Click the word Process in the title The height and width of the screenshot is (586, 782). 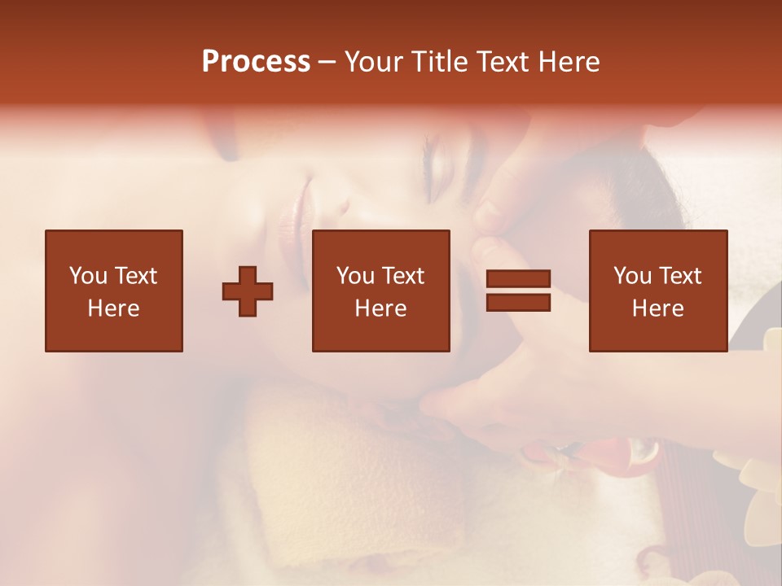pos(256,62)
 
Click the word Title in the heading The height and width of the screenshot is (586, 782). pos(439,62)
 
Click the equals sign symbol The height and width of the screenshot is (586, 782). pos(518,291)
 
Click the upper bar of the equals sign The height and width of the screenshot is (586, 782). pos(518,279)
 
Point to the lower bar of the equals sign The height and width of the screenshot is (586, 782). pos(518,302)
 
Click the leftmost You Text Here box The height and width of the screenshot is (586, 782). pos(113,291)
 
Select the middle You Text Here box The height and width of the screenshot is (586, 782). pos(380,291)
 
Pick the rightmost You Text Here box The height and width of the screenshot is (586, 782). pos(657,291)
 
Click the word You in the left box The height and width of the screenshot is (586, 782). pos(87,276)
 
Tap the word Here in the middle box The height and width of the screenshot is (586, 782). pos(380,308)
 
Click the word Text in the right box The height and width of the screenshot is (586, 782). pos(679,276)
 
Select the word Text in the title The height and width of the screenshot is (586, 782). pos(501,62)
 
